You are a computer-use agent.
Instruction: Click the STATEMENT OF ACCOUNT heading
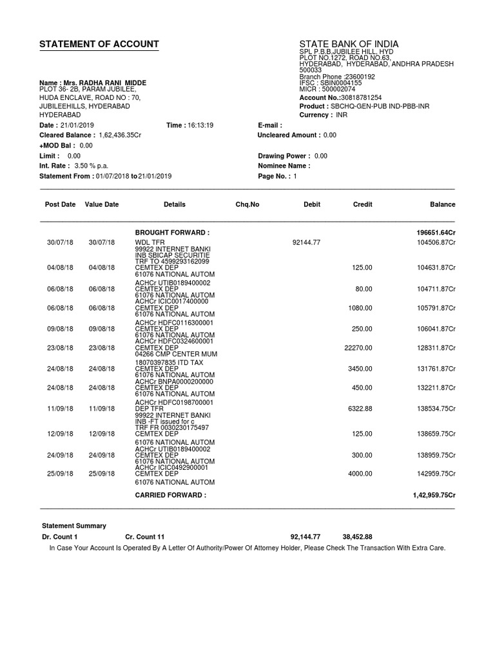(99, 44)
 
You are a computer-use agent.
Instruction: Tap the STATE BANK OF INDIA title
(349, 44)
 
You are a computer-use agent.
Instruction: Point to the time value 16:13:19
(200, 125)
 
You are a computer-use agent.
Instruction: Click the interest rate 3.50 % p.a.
(91, 166)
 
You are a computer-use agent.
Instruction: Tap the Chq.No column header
(247, 204)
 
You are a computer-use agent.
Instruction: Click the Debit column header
(312, 204)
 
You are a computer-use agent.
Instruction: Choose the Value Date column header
(102, 204)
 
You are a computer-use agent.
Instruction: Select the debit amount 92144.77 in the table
(306, 242)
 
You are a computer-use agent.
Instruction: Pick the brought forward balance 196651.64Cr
(436, 232)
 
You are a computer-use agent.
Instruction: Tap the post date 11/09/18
(60, 409)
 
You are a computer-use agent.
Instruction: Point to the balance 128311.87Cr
(436, 348)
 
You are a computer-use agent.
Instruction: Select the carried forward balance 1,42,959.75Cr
(434, 495)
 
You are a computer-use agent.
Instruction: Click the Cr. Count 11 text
(145, 537)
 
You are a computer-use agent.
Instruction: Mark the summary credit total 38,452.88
(357, 537)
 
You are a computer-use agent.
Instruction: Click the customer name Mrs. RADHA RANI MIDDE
(103, 83)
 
